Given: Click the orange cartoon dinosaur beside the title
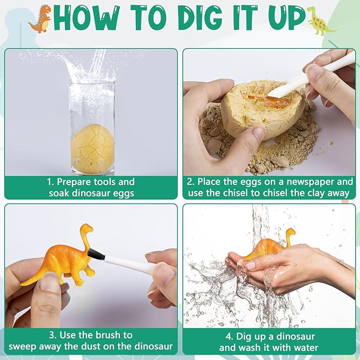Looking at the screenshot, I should (x=40, y=18).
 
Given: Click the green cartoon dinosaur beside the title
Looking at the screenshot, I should (x=321, y=20).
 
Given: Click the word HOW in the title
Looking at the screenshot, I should (x=85, y=19).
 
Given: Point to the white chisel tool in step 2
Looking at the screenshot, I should (x=310, y=76).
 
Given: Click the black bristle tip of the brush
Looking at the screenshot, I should (x=96, y=254).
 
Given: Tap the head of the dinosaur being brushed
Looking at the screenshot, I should (x=86, y=229).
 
